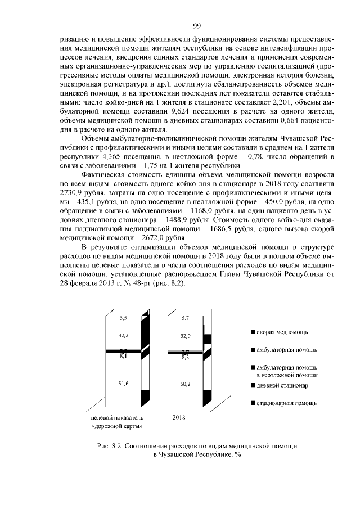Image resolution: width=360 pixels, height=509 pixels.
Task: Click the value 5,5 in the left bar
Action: click(x=124, y=318)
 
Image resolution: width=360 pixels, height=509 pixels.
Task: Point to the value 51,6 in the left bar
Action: click(x=124, y=383)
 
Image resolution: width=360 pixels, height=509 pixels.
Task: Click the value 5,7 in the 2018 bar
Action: click(x=185, y=318)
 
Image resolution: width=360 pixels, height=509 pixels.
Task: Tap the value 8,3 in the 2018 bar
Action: click(x=185, y=357)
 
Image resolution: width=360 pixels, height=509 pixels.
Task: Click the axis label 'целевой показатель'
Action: click(x=118, y=418)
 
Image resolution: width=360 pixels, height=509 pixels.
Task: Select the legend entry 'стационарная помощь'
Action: click(x=286, y=403)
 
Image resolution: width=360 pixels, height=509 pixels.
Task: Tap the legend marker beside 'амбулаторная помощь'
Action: click(x=254, y=350)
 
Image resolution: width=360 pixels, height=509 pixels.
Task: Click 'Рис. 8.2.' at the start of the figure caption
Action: click(x=110, y=445)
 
